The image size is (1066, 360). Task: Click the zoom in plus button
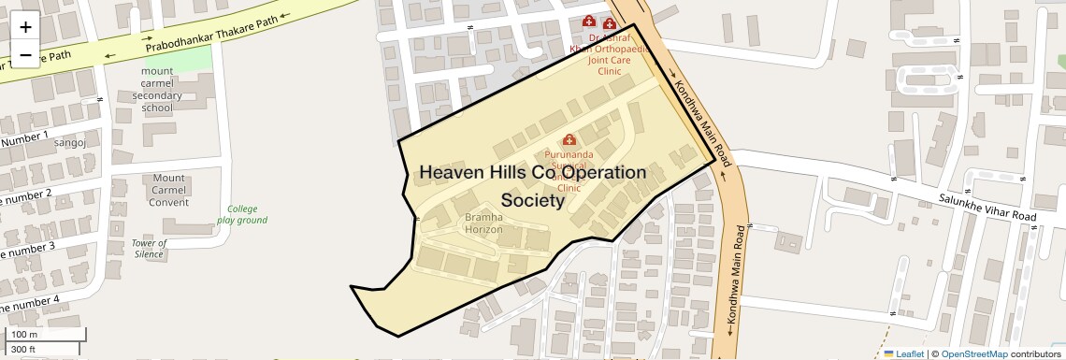pyautogui.click(x=25, y=27)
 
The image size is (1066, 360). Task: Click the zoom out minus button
pyautogui.click(x=25, y=54)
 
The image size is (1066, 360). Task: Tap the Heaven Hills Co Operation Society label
pyautogui.click(x=532, y=186)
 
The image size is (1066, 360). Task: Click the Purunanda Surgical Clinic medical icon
pyautogui.click(x=569, y=140)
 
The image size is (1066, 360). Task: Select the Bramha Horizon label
pyautogui.click(x=484, y=223)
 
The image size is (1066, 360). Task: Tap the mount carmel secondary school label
pyautogui.click(x=157, y=89)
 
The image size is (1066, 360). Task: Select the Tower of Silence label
pyautogui.click(x=150, y=249)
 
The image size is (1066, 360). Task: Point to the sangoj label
pyautogui.click(x=70, y=142)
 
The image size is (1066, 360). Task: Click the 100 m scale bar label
pyautogui.click(x=25, y=334)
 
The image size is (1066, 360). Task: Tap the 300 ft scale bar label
pyautogui.click(x=24, y=350)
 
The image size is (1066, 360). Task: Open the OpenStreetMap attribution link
pyautogui.click(x=973, y=353)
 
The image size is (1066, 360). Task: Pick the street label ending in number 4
pyautogui.click(x=30, y=304)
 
